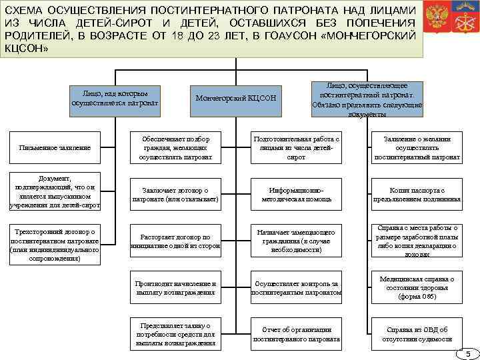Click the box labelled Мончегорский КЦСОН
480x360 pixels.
235,99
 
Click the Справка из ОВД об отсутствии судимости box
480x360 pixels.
417,334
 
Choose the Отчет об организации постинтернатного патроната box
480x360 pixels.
296,334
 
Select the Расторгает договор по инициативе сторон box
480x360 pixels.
175,241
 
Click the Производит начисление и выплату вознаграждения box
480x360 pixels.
175,288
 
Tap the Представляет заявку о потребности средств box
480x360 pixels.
175,334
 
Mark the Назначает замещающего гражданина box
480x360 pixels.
296,241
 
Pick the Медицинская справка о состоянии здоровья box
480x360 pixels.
417,288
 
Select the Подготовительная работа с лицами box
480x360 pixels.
296,148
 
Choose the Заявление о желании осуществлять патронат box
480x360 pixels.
417,148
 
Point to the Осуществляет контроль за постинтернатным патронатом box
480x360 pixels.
296,288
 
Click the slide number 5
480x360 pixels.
468,353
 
